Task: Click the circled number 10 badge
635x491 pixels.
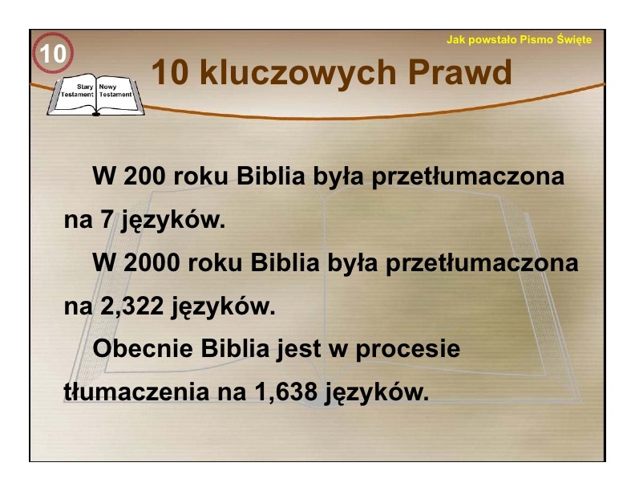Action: [53, 53]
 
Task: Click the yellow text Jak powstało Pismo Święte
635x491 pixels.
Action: [519, 39]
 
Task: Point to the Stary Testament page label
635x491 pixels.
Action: [78, 91]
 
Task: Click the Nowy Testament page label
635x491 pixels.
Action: [115, 91]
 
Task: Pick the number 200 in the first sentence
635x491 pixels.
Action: [144, 176]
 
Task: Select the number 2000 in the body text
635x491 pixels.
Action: [152, 262]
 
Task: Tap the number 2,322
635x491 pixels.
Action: [131, 306]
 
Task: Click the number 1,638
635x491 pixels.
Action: [286, 392]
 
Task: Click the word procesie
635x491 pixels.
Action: [408, 350]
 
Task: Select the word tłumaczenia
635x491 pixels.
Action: [136, 392]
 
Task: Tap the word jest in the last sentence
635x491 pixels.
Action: [299, 350]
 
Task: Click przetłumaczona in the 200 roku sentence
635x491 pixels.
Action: [467, 177]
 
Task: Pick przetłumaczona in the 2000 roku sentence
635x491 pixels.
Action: [482, 264]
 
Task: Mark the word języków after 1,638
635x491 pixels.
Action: [377, 394]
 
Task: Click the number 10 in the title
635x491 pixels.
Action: [170, 72]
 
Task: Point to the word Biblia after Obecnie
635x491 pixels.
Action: [235, 348]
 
